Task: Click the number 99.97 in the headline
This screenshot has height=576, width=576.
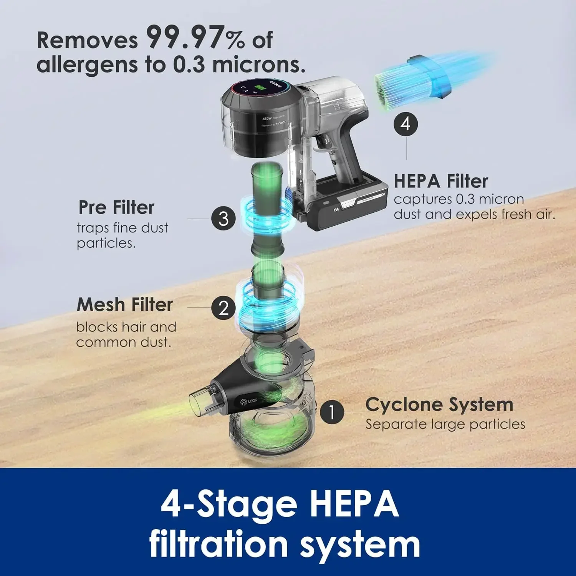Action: tap(185, 37)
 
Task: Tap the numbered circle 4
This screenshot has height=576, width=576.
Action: tap(406, 124)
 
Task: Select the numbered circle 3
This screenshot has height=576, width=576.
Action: tap(223, 218)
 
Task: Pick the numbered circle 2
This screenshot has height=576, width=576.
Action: tap(223, 308)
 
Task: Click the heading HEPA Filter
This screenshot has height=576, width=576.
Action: tap(441, 181)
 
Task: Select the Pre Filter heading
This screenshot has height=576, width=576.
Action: tap(116, 207)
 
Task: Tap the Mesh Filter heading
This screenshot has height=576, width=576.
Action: tap(125, 305)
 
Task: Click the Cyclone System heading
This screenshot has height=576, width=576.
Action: tap(439, 404)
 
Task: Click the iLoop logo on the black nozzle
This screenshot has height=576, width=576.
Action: tap(249, 401)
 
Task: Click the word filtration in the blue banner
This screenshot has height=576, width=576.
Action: tap(218, 545)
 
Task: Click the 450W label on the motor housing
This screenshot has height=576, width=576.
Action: tap(267, 119)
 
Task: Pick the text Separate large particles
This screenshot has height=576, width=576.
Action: tap(445, 424)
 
